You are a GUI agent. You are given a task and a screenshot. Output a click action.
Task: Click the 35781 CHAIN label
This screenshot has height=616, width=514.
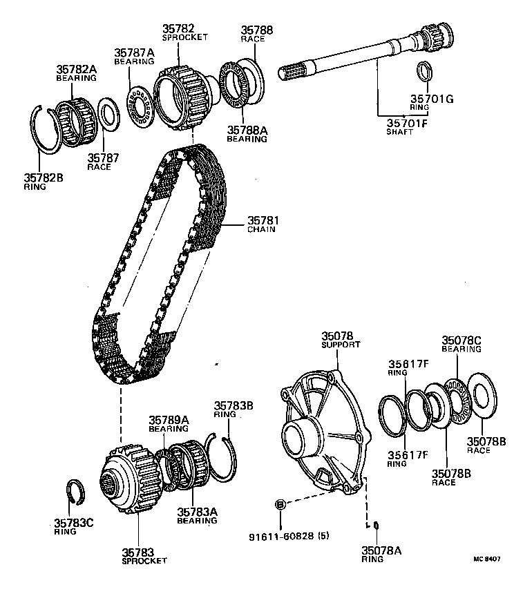tap(263, 224)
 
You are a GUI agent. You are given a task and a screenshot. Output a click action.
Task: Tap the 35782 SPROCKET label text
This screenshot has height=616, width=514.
tap(184, 32)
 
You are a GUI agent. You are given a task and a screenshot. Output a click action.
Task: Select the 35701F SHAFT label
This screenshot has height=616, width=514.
tap(406, 127)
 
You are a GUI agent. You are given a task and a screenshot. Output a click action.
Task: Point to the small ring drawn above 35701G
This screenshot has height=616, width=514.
tap(424, 72)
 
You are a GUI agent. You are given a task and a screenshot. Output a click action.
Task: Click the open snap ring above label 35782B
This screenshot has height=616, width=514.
tap(46, 130)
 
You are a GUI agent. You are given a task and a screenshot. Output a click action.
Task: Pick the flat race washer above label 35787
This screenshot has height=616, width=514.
tap(108, 114)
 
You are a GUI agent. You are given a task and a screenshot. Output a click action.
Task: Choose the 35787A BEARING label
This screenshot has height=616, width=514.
tap(135, 57)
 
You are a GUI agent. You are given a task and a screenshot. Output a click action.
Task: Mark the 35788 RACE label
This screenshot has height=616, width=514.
tap(256, 34)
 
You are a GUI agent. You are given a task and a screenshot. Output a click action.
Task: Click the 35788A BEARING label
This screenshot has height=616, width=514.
tap(247, 134)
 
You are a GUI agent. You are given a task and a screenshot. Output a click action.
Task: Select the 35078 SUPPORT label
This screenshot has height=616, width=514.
tap(341, 340)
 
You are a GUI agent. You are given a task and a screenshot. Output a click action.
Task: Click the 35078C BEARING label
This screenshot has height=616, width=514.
tap(461, 344)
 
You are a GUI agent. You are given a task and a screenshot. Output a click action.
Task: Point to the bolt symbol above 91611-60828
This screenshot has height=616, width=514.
tap(280, 504)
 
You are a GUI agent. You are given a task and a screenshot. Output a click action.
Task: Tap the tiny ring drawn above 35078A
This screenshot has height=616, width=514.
tap(376, 525)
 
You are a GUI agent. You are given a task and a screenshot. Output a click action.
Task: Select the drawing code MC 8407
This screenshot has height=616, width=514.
tap(487, 559)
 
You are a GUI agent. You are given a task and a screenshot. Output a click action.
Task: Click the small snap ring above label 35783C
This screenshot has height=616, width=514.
tap(76, 492)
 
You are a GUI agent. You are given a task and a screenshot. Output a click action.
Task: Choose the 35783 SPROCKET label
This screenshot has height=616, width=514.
tap(144, 557)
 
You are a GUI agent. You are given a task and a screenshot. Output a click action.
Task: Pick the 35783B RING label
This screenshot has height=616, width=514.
tap(234, 410)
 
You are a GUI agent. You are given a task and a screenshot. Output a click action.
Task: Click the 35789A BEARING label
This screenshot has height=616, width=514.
tap(169, 424)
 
